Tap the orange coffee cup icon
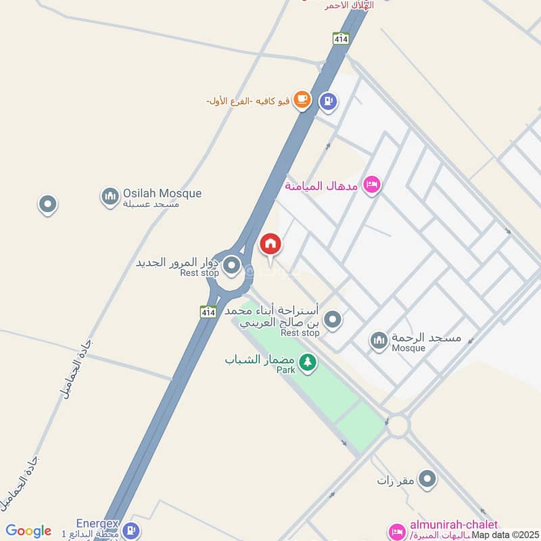[302, 101]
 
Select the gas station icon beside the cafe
[329, 101]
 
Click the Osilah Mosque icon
[110, 197]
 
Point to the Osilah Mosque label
[162, 193]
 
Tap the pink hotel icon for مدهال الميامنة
[371, 184]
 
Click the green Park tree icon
[308, 363]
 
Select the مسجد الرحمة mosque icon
[379, 341]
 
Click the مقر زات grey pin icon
[427, 480]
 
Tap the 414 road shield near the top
[340, 39]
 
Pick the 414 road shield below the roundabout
[208, 312]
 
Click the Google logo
[28, 531]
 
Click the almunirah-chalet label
[454, 525]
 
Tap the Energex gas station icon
[133, 531]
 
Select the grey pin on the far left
[47, 204]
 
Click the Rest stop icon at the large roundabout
[232, 264]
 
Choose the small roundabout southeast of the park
[399, 425]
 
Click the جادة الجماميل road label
[78, 369]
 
